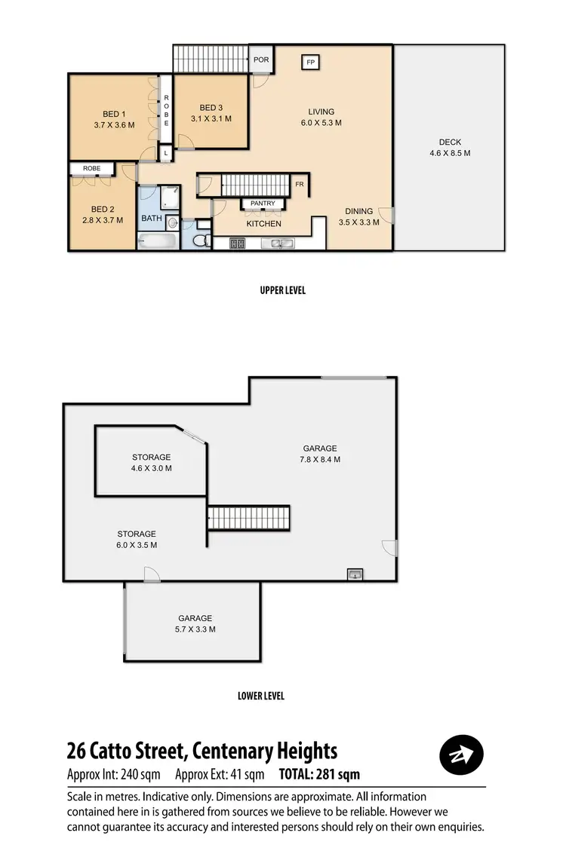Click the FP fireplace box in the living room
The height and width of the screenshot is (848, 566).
(310, 62)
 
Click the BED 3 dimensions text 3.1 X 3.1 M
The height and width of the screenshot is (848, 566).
(211, 118)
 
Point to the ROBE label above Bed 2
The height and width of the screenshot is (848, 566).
(91, 168)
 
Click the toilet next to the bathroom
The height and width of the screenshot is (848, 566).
(201, 239)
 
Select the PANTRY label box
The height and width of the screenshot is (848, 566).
(263, 204)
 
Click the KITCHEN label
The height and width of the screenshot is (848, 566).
(263, 224)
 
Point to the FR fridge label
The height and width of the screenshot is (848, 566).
(300, 184)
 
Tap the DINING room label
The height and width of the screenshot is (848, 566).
(359, 211)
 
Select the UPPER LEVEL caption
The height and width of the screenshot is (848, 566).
(282, 290)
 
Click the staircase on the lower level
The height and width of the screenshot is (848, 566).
(249, 518)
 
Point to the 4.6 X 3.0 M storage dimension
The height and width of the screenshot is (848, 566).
(152, 468)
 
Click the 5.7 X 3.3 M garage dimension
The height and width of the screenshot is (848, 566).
(195, 629)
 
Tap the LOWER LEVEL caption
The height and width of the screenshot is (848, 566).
(261, 696)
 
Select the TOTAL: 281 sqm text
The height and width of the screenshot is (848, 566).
(319, 774)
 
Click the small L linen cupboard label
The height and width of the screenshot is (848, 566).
(166, 153)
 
